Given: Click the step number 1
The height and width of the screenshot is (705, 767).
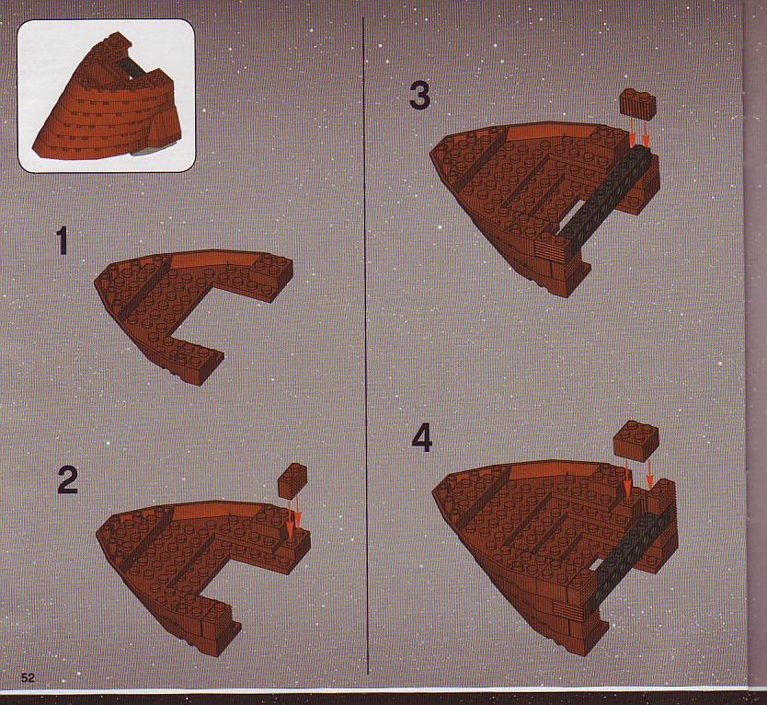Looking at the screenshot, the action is click(62, 241).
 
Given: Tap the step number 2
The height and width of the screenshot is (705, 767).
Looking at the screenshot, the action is click(68, 480).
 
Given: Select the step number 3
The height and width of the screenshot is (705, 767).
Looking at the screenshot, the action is click(419, 96).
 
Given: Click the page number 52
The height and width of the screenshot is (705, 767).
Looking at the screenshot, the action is click(28, 677).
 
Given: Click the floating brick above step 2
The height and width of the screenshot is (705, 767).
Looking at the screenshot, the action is click(292, 479).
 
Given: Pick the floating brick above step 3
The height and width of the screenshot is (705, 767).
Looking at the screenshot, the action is click(637, 104).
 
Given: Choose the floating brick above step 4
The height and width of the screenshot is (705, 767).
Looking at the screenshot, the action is click(635, 440).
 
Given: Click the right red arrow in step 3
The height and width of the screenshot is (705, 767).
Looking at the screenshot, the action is click(647, 133).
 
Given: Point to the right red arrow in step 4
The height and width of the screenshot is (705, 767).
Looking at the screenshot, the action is click(649, 474).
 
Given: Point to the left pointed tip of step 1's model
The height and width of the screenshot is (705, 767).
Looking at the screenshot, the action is click(94, 281).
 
